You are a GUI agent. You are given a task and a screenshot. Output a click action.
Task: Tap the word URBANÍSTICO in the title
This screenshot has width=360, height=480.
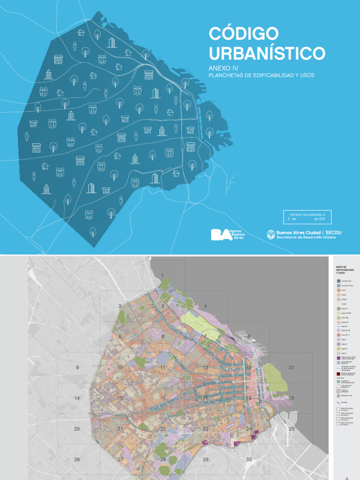pyautogui.click(x=267, y=53)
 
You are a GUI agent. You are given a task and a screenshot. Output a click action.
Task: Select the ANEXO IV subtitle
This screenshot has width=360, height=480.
pyautogui.click(x=224, y=68)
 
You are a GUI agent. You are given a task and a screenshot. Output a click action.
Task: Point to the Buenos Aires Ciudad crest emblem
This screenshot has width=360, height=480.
pyautogui.click(x=270, y=234)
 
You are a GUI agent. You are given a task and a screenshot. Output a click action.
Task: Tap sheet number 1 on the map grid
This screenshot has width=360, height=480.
pyautogui.click(x=163, y=275)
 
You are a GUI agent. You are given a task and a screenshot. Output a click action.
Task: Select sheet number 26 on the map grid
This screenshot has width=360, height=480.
pyautogui.click(x=77, y=459)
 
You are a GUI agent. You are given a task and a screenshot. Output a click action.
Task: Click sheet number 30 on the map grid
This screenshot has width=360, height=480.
pyautogui.click(x=249, y=459)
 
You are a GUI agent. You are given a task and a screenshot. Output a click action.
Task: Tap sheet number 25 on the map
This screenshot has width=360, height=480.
pyautogui.click(x=292, y=429)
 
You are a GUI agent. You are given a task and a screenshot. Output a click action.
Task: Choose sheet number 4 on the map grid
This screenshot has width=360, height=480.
pyautogui.click(x=205, y=306)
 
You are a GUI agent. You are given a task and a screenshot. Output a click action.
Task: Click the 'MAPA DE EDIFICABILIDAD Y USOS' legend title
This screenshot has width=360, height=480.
pyautogui.click(x=345, y=270)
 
